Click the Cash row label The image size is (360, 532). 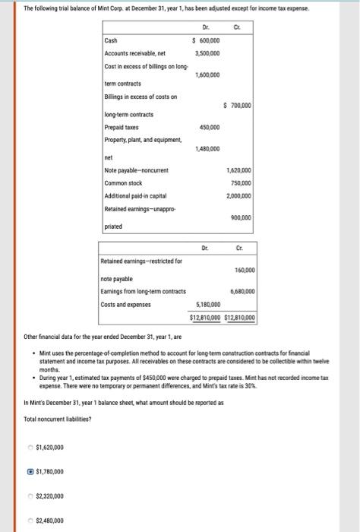[x=112, y=40]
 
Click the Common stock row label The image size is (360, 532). [x=123, y=183]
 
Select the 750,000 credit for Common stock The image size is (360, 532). [x=242, y=183]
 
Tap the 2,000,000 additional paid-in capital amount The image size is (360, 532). [x=240, y=196]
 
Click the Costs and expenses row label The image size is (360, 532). [x=125, y=305]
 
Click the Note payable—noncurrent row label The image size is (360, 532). [x=136, y=170]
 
